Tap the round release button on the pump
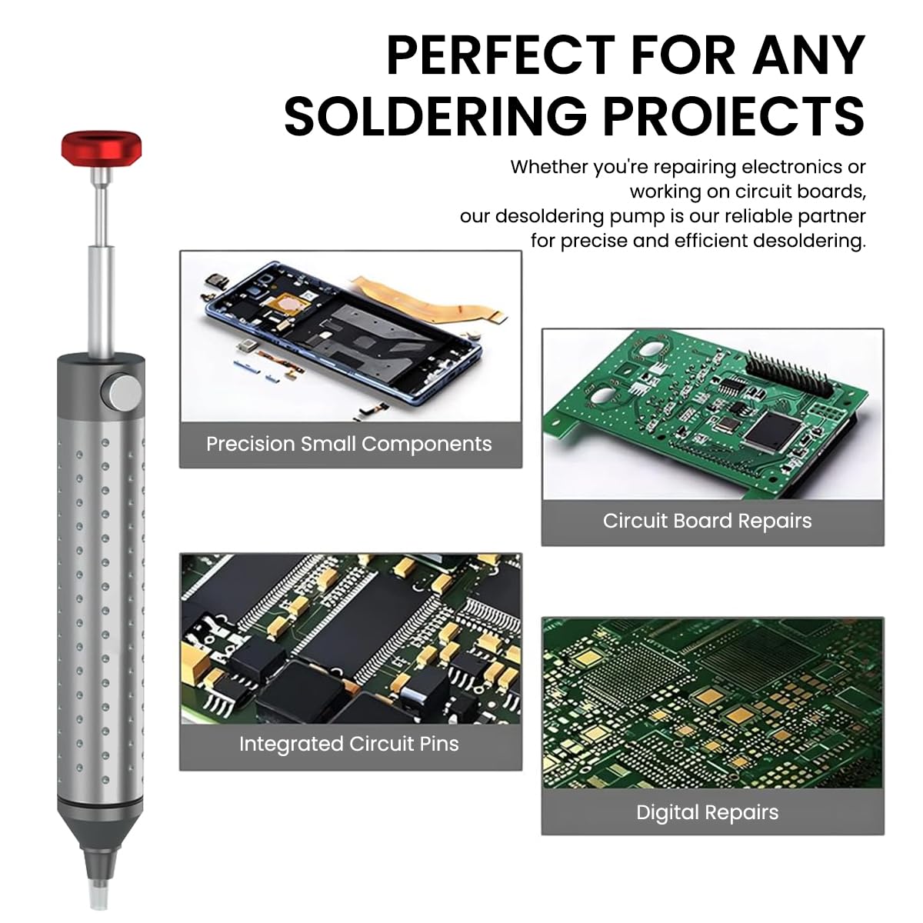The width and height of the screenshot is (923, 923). [x=123, y=392]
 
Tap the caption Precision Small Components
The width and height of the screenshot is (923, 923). [x=349, y=444]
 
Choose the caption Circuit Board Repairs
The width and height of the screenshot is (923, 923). [x=707, y=521]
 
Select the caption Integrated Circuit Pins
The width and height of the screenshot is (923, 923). [x=348, y=744]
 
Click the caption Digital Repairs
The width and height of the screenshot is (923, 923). [x=707, y=812]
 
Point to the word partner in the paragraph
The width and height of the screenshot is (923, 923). [x=831, y=216]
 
